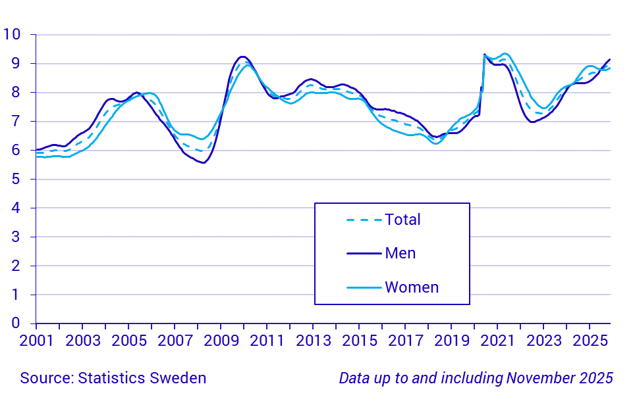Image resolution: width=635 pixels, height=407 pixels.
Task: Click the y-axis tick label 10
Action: coord(12,35)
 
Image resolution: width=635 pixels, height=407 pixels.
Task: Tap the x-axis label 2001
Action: coord(36,341)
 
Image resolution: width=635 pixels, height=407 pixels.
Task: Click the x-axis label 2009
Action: coord(221,341)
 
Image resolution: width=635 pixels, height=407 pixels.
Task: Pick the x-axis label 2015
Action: coord(359,341)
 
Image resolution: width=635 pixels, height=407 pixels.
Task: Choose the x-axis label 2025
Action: coord(590,341)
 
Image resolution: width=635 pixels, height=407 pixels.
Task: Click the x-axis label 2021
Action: coord(497,341)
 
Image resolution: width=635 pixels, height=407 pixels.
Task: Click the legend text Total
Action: coord(402,220)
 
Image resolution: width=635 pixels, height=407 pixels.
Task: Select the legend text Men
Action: coord(400,253)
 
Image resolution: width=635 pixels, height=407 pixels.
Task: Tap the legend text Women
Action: coord(412,287)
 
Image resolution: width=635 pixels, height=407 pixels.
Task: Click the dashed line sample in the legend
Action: coord(364,220)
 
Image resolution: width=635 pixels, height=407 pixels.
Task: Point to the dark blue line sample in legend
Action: coord(364,253)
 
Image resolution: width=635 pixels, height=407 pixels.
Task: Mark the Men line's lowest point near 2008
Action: coord(203,162)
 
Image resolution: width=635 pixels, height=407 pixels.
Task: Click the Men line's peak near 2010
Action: coord(242,57)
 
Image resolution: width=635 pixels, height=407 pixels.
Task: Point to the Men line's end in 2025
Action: coord(609,60)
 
